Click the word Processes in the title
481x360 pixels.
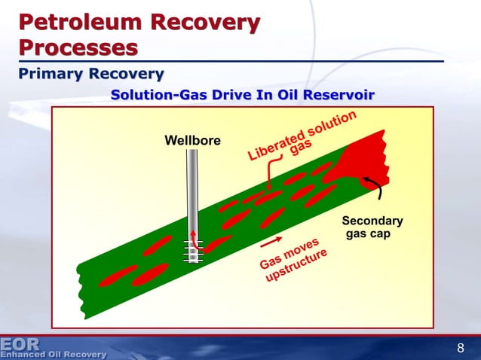78,48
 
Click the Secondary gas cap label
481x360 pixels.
372,227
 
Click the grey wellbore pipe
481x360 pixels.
193,188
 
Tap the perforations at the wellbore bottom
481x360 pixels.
193,251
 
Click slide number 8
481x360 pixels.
461,347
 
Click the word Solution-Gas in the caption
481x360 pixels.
155,96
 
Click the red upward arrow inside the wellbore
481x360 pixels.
193,239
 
